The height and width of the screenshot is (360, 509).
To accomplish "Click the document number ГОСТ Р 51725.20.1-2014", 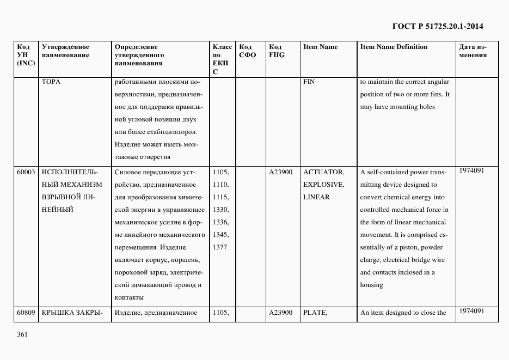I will (x=437, y=26).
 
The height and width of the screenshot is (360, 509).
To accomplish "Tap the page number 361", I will (x=22, y=334).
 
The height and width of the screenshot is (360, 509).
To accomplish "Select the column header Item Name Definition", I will (x=394, y=47).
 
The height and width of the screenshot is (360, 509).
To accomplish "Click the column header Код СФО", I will (x=247, y=51).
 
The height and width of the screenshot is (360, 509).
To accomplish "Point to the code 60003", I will (x=26, y=172).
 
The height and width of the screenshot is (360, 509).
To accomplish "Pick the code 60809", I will (x=26, y=313).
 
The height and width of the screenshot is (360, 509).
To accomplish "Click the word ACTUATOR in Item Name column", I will (x=323, y=172).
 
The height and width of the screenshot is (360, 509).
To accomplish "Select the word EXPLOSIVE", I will (x=323, y=185).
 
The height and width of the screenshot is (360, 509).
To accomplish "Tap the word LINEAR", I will (x=316, y=197).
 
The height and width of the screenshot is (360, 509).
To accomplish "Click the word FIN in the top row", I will (x=309, y=82).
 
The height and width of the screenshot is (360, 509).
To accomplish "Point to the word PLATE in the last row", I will (x=315, y=313).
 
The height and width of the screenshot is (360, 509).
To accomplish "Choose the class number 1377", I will (x=220, y=247).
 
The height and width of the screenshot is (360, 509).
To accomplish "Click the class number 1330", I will (x=220, y=210).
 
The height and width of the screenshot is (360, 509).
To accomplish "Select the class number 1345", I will (x=220, y=235).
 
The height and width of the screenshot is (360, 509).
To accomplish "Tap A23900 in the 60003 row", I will (x=281, y=172).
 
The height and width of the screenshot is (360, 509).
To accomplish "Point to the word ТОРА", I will (x=51, y=82).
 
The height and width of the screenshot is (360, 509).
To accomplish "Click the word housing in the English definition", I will (x=372, y=285).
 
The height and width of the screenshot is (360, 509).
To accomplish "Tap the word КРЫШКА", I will (x=58, y=313).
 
